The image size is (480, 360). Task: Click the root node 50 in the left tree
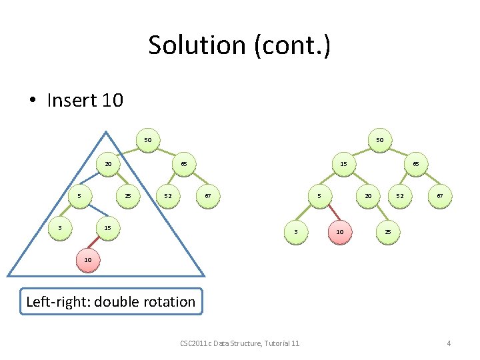click(148, 141)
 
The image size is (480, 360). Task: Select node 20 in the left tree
click(107, 164)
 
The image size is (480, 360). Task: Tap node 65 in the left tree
click(183, 164)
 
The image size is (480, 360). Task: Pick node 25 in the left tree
click(127, 196)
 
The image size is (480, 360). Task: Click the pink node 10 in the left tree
click(88, 259)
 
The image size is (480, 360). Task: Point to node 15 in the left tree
click(107, 228)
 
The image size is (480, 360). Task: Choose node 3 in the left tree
click(60, 228)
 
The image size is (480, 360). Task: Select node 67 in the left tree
click(209, 196)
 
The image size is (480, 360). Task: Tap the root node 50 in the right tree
click(379, 141)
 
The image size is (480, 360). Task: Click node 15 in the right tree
click(343, 164)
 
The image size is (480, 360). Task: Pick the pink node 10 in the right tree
click(340, 232)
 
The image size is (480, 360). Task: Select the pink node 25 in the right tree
click(388, 232)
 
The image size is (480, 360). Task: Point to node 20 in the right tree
click(367, 196)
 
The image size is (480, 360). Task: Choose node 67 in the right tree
click(439, 196)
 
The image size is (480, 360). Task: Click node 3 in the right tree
click(295, 232)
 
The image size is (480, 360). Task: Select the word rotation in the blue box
click(163, 302)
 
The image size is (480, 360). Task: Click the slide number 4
click(449, 343)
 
